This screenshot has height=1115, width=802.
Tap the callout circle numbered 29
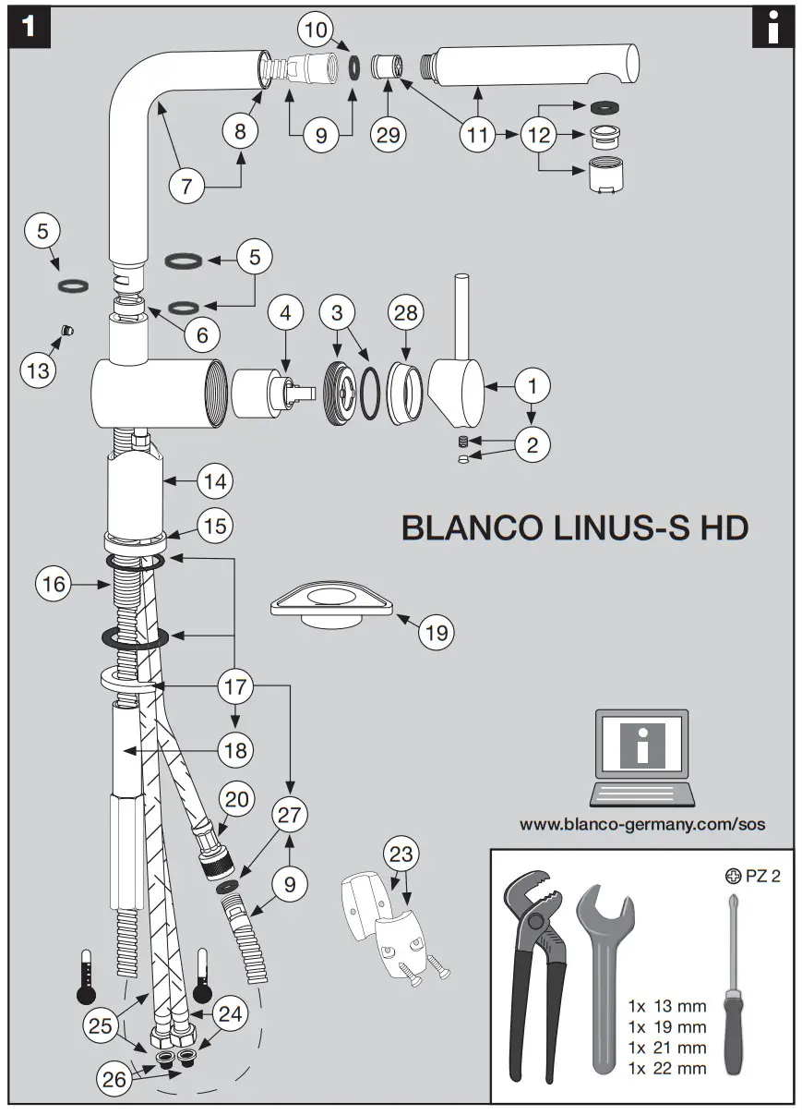(389, 133)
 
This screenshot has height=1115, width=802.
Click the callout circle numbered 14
(214, 480)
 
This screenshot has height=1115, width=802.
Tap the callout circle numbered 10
(317, 30)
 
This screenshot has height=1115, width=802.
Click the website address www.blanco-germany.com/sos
(642, 824)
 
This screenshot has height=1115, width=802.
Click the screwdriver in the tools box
(734, 988)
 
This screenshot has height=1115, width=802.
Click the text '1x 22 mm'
(666, 1068)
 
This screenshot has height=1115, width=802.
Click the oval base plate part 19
(332, 605)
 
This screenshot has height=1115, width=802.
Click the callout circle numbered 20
(237, 797)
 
